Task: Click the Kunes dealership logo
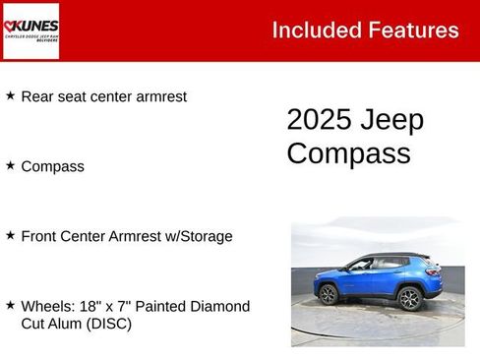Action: click(30, 30)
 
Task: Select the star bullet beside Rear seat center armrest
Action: click(10, 95)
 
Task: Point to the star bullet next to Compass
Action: click(10, 165)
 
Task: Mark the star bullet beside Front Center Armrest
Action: click(10, 235)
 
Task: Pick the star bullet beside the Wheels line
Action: click(10, 306)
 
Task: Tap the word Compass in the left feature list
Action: click(52, 166)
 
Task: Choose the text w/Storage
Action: click(199, 236)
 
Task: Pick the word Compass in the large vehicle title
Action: click(348, 153)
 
